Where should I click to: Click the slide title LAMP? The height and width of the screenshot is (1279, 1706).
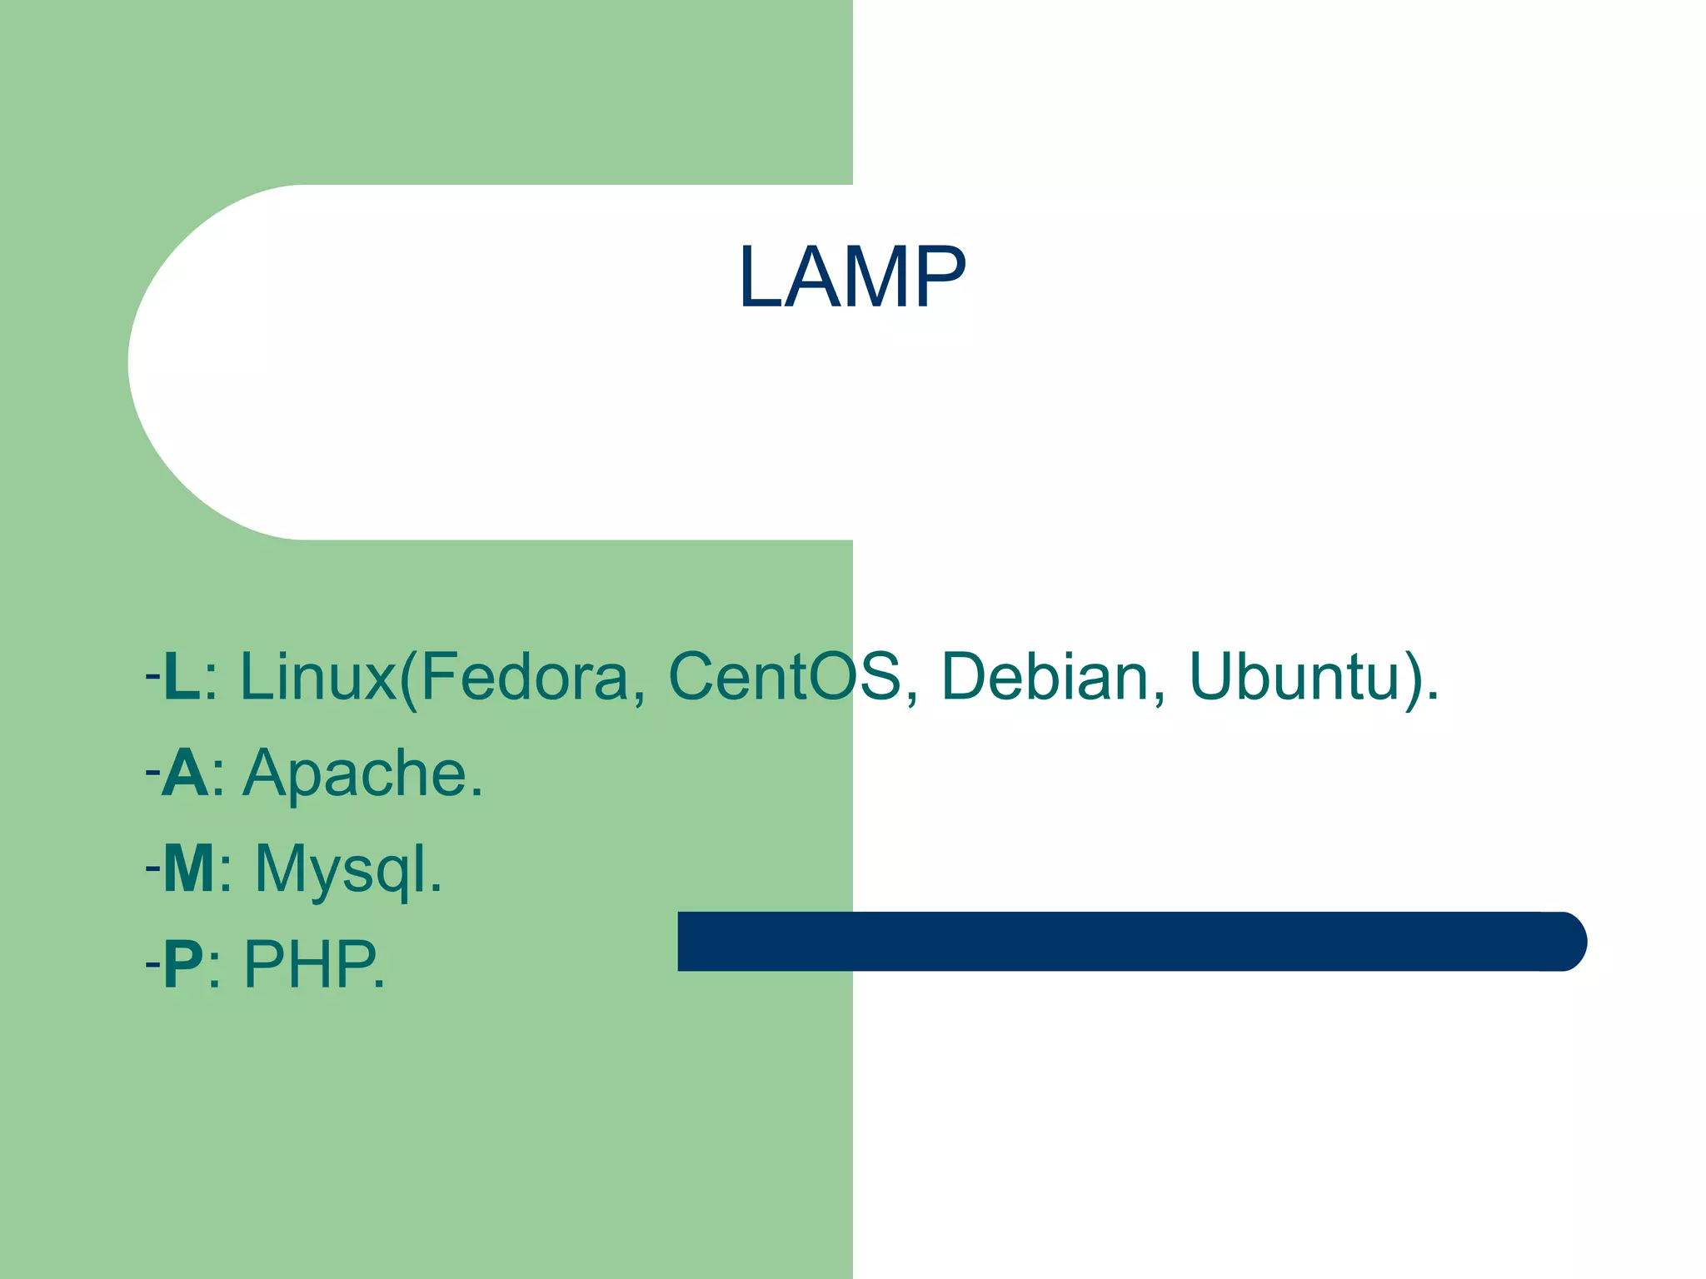point(851,277)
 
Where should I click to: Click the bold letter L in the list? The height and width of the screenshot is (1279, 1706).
point(182,676)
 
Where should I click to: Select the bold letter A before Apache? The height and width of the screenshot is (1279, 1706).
point(185,773)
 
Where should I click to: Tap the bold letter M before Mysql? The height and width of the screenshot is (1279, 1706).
point(189,868)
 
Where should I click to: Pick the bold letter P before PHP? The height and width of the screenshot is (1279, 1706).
point(183,964)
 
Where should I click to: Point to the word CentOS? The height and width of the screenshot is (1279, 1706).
point(784,676)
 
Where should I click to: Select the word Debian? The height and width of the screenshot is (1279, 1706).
point(1045,676)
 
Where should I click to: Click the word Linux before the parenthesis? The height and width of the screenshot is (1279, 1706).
point(317,676)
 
